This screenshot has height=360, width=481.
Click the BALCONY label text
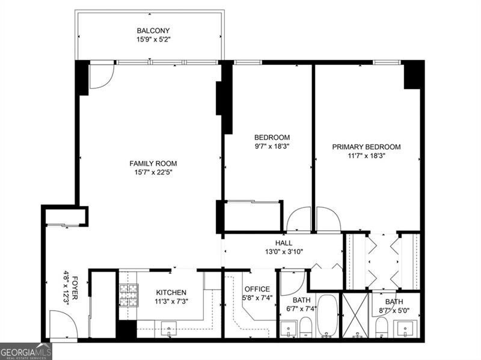tap(153, 31)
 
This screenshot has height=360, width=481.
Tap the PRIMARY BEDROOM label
tap(366, 147)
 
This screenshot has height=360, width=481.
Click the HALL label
tap(284, 243)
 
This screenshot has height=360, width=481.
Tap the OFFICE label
tap(257, 289)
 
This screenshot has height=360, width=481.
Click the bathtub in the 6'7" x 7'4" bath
tap(328, 315)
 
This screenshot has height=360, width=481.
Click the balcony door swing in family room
tap(100, 76)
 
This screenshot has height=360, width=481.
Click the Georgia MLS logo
tap(26, 351)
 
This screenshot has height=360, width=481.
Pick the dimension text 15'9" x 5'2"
tap(153, 40)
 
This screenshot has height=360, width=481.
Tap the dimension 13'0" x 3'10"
tap(284, 252)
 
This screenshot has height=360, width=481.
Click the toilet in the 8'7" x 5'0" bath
tap(381, 328)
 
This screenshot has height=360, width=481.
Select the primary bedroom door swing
tap(328, 219)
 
